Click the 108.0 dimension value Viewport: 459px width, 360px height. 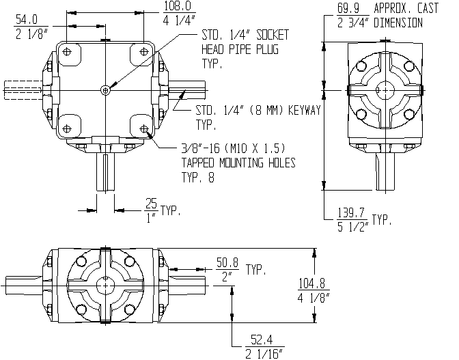click(x=178, y=6)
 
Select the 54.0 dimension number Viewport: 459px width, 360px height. click(x=27, y=20)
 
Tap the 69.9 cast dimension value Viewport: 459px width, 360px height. click(x=348, y=8)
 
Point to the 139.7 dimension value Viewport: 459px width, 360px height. click(x=351, y=212)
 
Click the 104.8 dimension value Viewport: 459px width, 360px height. click(x=312, y=283)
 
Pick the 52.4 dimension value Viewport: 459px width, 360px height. click(x=262, y=340)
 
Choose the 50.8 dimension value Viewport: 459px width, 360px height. click(x=227, y=262)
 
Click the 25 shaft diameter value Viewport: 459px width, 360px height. click(x=152, y=204)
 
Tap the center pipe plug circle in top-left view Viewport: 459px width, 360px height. click(x=105, y=90)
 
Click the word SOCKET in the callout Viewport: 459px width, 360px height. click(x=273, y=35)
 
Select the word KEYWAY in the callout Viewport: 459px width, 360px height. click(x=305, y=111)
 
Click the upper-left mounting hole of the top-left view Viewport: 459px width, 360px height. click(x=67, y=52)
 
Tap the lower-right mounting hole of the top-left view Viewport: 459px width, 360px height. click(x=143, y=129)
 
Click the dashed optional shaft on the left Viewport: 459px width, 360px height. click(x=23, y=90)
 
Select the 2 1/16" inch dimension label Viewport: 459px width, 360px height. click(x=264, y=354)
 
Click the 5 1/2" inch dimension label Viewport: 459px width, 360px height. click(x=352, y=227)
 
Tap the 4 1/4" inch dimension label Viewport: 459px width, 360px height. click(x=179, y=20)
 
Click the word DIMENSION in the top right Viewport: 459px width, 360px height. click(x=398, y=23)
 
